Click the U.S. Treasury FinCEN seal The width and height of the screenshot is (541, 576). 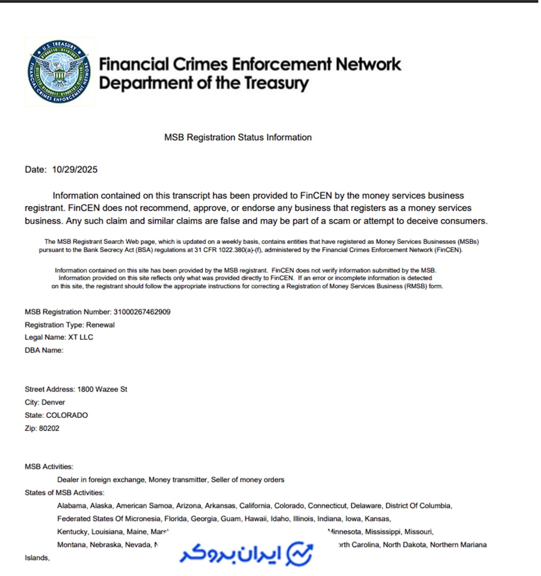(x=60, y=72)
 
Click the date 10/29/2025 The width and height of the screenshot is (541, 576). (x=75, y=170)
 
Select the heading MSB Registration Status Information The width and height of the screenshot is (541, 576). (x=238, y=137)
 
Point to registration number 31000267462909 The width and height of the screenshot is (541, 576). (x=141, y=312)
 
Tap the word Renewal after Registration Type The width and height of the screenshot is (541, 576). (x=101, y=324)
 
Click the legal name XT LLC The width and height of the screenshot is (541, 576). (x=81, y=337)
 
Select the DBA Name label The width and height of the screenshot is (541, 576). (x=44, y=350)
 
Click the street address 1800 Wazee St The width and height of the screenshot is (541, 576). (x=102, y=389)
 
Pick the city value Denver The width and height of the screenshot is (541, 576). (x=54, y=403)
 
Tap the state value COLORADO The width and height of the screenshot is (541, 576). (x=67, y=415)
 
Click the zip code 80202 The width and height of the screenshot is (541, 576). (x=49, y=428)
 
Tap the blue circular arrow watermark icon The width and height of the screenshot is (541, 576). (x=300, y=553)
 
